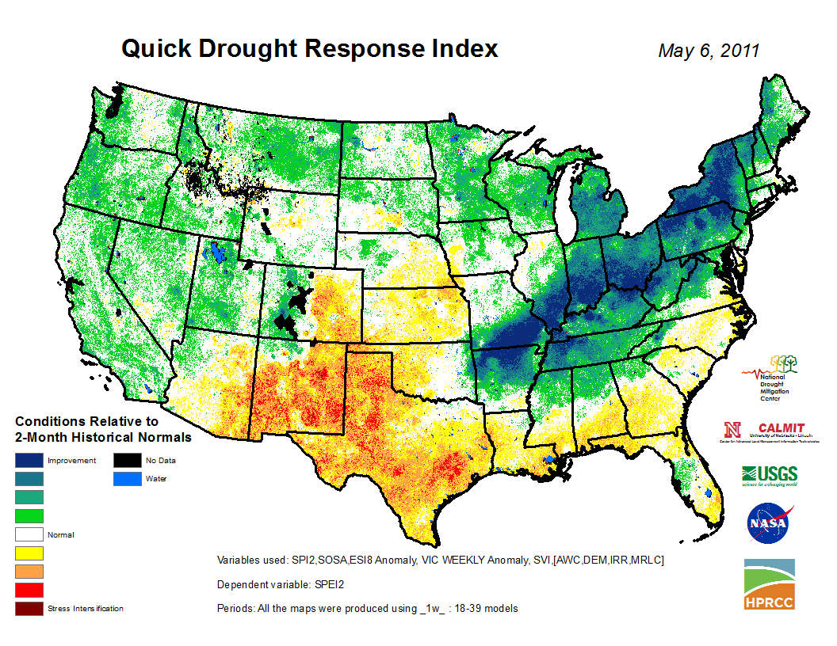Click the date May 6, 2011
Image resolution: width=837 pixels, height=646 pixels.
click(x=709, y=51)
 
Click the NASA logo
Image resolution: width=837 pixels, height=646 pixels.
click(x=768, y=523)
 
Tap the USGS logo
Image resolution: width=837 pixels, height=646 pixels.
click(x=770, y=474)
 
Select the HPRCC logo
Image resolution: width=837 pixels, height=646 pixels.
click(x=769, y=584)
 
